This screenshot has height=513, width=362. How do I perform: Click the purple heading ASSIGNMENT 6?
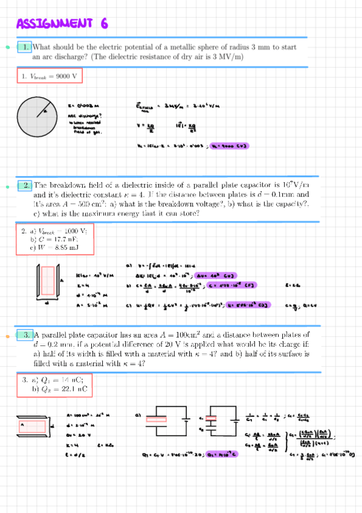(x=62, y=24)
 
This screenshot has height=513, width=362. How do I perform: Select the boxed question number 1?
(x=24, y=47)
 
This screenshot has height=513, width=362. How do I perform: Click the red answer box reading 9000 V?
(x=49, y=77)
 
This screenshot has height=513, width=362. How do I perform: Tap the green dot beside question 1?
(x=7, y=47)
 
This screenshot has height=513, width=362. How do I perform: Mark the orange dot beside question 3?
(x=7, y=335)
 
